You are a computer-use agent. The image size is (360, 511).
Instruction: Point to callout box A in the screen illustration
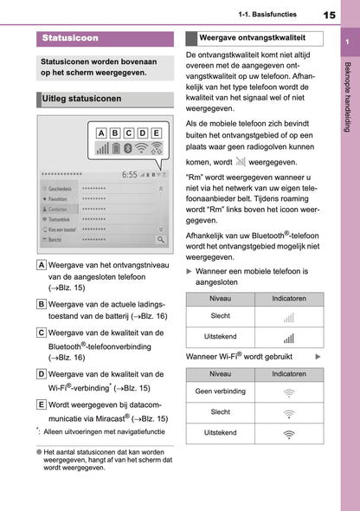[101, 133]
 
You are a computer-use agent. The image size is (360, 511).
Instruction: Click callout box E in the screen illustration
[156, 133]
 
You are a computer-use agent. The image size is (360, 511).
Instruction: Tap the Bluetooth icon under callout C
[128, 150]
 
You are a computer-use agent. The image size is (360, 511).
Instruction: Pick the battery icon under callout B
[116, 150]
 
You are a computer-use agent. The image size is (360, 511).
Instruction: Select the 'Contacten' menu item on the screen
[58, 210]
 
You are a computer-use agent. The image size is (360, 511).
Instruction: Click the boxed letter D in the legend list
[42, 374]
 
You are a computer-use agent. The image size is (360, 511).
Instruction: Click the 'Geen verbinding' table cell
[221, 391]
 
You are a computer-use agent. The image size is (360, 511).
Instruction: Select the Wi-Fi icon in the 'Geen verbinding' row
[288, 391]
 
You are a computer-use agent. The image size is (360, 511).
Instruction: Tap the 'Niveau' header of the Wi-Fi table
[221, 373]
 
